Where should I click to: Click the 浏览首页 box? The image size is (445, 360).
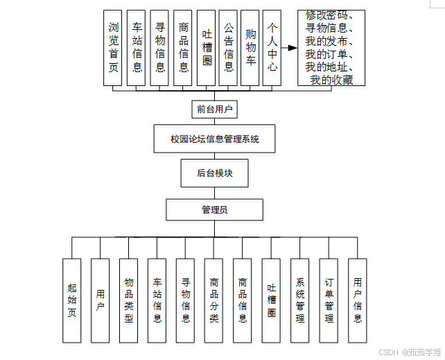(112, 47)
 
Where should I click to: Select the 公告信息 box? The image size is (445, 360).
(228, 47)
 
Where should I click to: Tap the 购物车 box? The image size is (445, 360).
(250, 47)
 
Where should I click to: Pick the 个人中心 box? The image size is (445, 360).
(272, 47)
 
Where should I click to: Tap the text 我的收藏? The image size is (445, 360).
(331, 80)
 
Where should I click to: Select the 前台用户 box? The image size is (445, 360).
(214, 109)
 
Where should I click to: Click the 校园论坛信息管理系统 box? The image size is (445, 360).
(214, 139)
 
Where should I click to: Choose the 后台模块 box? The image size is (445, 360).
(214, 173)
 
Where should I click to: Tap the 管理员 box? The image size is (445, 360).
(214, 209)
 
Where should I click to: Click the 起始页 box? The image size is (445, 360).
(71, 300)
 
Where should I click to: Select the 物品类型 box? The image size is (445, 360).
(129, 300)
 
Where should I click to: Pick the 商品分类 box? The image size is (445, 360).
(213, 300)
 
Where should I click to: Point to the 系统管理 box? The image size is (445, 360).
(299, 300)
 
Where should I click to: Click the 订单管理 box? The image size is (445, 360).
(329, 300)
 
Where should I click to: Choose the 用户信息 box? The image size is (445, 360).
(357, 300)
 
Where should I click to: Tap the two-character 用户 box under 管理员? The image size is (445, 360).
(100, 300)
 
